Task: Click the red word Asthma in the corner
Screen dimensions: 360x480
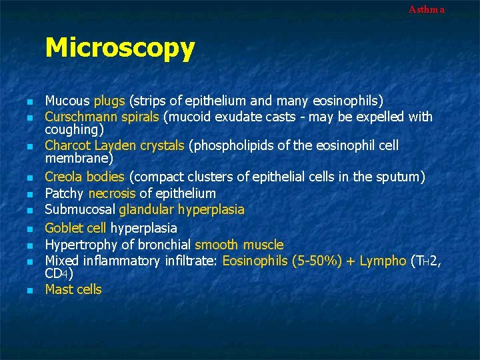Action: point(426,9)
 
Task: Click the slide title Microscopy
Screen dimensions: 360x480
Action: point(120,48)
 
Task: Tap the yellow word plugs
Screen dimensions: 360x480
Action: point(109,101)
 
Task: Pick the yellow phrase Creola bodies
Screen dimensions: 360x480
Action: point(85,177)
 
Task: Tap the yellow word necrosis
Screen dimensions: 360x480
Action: point(111,194)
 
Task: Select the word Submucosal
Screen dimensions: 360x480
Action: point(80,210)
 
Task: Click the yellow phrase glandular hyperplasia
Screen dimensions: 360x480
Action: point(181,210)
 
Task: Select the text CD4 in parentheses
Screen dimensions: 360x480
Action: point(59,273)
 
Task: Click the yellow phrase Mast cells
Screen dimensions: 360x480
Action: point(73,289)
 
